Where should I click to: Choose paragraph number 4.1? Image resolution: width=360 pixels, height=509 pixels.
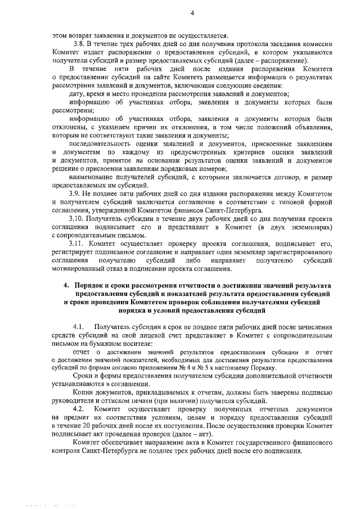(x=78, y=327)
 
